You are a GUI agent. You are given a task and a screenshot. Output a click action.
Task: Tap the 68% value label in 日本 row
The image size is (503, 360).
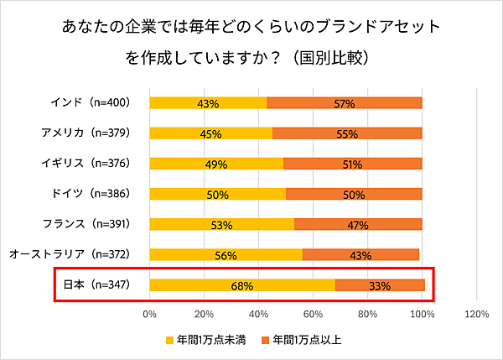[241, 285]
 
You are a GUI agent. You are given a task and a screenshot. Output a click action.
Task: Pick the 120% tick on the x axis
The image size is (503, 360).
[476, 315]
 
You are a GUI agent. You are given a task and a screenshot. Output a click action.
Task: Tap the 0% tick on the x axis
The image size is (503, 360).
[150, 315]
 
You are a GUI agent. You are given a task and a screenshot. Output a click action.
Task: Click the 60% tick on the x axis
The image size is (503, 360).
[314, 315]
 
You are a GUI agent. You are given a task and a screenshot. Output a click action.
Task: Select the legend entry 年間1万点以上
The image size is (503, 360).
[307, 340]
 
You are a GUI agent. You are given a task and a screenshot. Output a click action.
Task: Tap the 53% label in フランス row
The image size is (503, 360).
[221, 225]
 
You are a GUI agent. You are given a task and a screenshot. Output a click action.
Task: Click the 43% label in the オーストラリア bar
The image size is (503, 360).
[360, 255]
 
